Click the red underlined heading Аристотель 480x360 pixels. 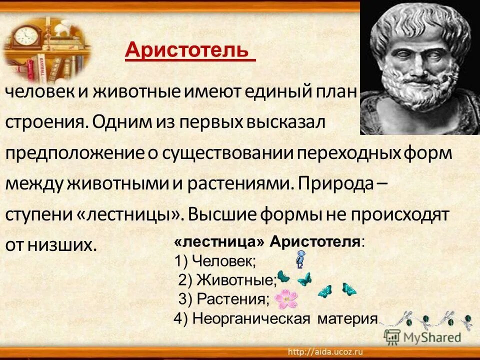coord(187,50)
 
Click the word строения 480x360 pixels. coord(45,122)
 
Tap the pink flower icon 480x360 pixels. coord(286,299)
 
